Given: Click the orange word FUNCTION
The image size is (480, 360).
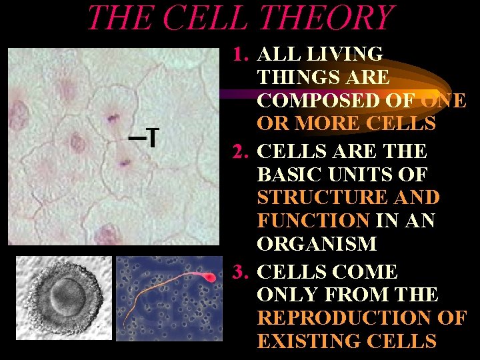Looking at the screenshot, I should pyautogui.click(x=313, y=221).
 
